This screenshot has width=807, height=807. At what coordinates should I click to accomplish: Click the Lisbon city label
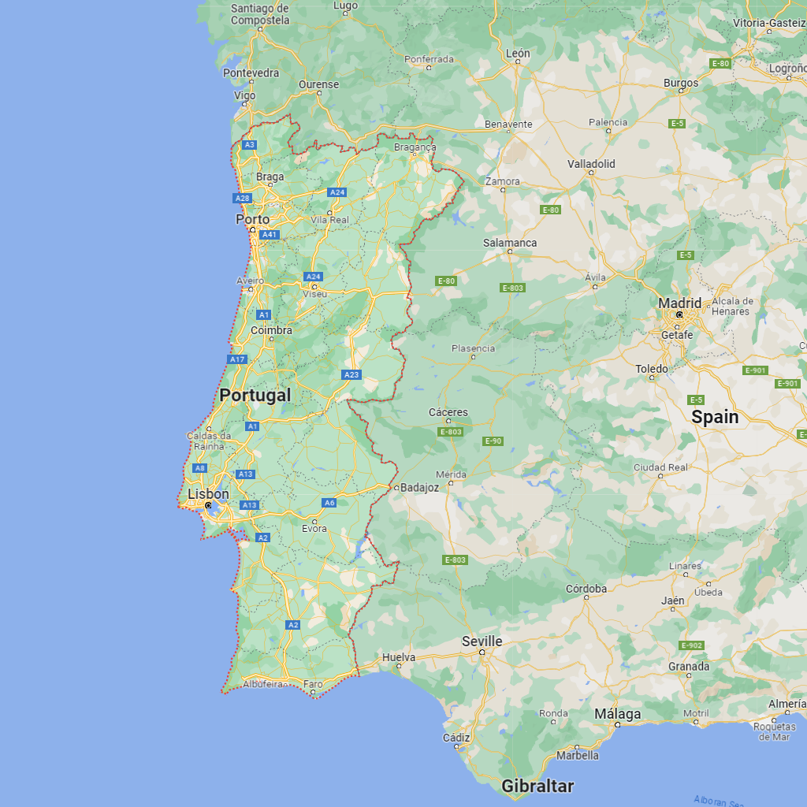coord(208,494)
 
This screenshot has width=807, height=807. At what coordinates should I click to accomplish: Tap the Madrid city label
coord(679,303)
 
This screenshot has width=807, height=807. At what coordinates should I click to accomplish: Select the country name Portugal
coord(255,396)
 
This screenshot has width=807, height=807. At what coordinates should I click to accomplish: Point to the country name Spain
coord(715,417)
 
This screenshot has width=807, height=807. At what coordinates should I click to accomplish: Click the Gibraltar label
coord(537,786)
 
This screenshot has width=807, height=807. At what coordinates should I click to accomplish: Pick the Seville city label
coord(482,642)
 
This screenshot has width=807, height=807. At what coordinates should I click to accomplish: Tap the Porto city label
coord(252,219)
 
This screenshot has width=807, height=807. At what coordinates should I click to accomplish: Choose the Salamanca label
coord(510,243)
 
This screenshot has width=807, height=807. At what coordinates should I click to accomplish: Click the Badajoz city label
coord(419,488)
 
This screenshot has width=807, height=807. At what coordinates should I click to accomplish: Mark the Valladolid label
coord(591,164)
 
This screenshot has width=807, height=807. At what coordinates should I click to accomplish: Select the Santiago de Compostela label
coord(260,14)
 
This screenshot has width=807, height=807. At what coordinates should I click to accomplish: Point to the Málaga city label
coord(617,714)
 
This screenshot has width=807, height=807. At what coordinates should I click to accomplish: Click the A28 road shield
coord(242,199)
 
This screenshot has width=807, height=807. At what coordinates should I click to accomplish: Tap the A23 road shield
coord(351,374)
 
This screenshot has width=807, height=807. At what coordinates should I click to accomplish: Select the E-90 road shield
coord(493,441)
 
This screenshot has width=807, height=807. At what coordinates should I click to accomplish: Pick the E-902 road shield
coord(690,645)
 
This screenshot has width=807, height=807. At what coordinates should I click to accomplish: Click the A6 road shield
coord(329,503)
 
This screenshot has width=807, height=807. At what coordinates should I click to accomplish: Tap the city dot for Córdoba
coord(586,597)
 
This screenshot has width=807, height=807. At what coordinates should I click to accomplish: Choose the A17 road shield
coord(237,359)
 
